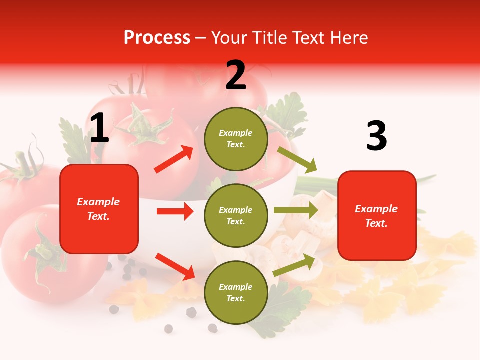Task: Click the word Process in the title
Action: [x=157, y=38]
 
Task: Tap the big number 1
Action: [x=99, y=128]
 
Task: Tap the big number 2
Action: [x=236, y=76]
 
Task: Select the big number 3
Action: [x=376, y=136]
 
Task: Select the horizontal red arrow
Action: [x=175, y=211]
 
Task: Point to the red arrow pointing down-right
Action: [x=175, y=266]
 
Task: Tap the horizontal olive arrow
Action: [x=296, y=210]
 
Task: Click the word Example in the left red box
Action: [x=98, y=202]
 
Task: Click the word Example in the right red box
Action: [x=376, y=209]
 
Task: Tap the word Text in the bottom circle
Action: [x=235, y=298]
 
